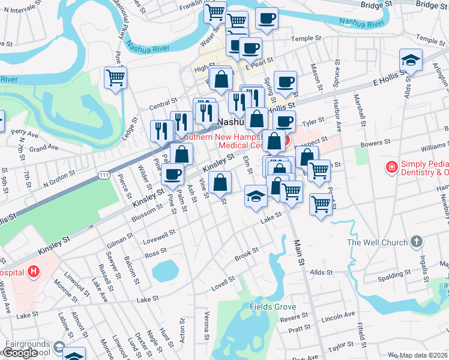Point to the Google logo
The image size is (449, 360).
[20, 353]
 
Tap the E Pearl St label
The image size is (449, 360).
[261, 61]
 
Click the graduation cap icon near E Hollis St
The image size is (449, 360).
[411, 60]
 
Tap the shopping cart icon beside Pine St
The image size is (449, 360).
[115, 77]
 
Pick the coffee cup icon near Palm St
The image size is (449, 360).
[173, 174]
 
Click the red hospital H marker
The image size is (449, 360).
[34, 271]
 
